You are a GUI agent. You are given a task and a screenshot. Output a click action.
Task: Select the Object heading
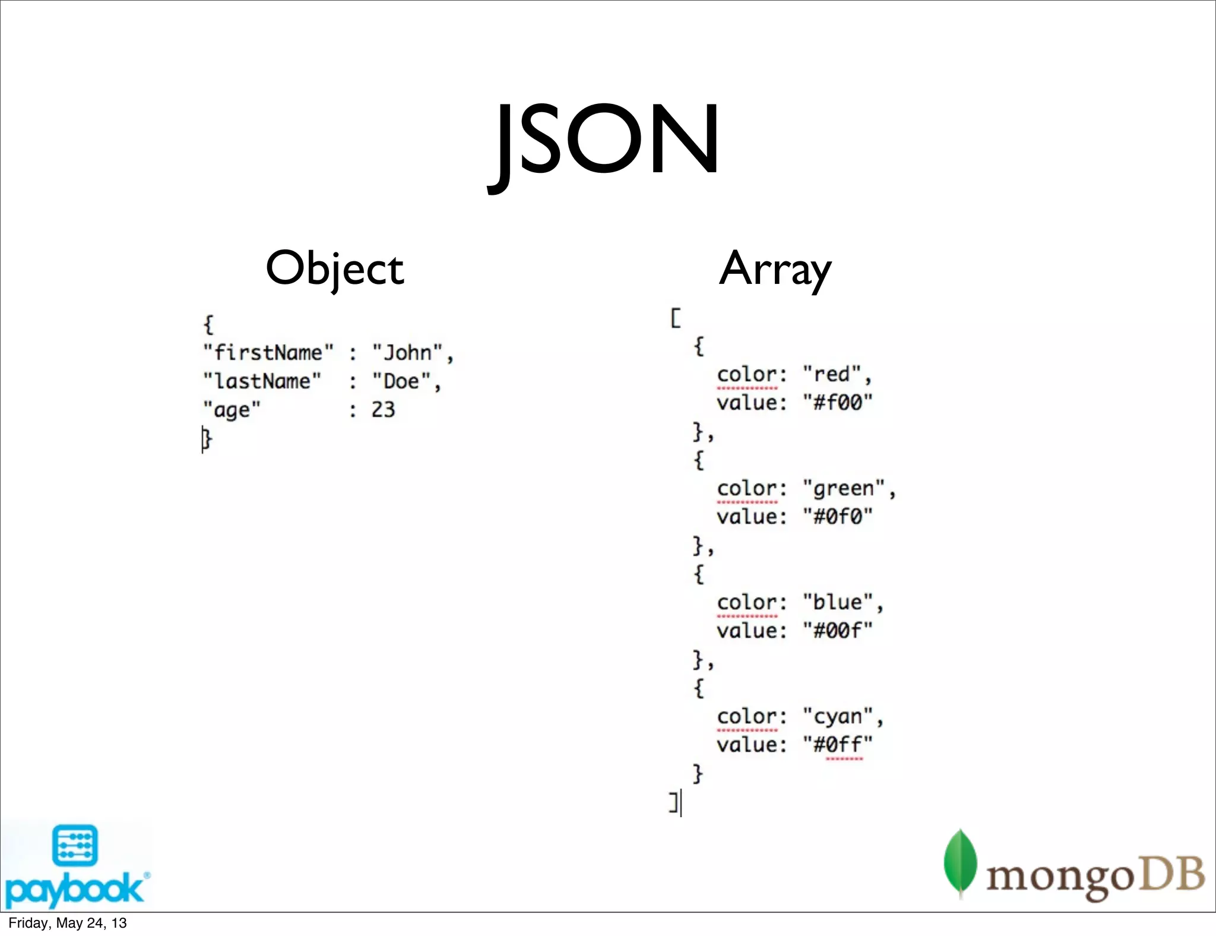334,268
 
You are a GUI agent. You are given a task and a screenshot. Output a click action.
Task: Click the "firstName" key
268,353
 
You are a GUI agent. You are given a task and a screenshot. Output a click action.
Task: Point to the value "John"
408,353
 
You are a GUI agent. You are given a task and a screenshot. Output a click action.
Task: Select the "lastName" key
262,381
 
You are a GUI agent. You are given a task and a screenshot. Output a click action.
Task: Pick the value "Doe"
401,381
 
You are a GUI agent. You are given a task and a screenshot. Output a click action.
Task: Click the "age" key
232,410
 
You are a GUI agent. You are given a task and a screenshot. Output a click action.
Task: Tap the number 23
383,410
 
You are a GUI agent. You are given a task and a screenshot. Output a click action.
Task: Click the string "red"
832,374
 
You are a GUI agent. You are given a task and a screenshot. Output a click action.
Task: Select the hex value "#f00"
838,403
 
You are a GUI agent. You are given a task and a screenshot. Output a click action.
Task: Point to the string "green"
844,488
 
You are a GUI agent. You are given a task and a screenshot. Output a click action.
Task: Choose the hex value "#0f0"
838,517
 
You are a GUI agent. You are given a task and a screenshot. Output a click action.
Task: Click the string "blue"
838,602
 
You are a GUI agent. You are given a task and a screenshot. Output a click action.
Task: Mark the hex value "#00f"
838,631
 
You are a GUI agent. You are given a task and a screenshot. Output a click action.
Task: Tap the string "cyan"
838,716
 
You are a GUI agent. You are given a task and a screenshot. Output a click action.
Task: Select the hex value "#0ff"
838,745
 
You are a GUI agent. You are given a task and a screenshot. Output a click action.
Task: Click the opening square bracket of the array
676,318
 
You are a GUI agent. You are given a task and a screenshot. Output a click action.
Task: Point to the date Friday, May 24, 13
68,923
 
